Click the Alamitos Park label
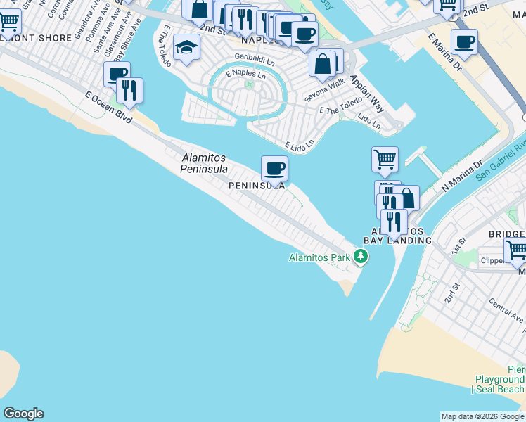coord(319,257)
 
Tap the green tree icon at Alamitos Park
coord(361,257)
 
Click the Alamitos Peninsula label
coord(204,163)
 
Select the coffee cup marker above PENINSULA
coord(274,169)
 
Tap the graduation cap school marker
coord(186,48)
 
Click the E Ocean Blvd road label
coord(108,108)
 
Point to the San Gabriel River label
coord(501,162)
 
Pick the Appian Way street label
coord(366,94)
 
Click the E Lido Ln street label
coord(299,144)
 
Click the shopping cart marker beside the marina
coord(385,160)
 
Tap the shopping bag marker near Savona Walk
coord(322,64)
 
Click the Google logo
coord(23,414)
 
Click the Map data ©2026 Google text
coord(482,416)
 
